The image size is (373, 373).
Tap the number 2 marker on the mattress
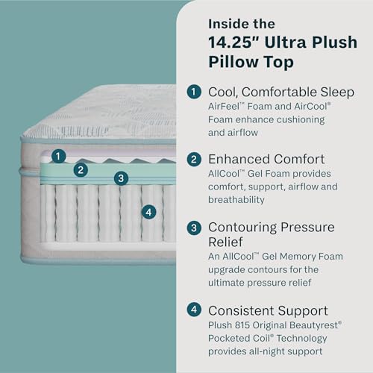(81, 169)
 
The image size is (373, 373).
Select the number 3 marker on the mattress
(119, 178)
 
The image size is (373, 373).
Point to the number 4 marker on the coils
(149, 213)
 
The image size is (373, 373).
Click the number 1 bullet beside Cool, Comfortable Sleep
(194, 92)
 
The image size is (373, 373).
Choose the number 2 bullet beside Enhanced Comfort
(194, 159)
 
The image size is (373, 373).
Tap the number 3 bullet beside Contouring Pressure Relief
(194, 227)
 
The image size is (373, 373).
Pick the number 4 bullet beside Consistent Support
(194, 309)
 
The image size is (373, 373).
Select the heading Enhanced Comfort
(267, 159)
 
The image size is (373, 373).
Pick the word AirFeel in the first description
(226, 107)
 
